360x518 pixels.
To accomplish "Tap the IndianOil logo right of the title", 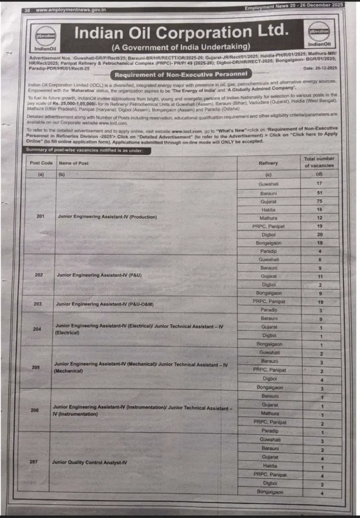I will pos(319,34).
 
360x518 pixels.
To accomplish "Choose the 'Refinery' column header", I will pos(268,163).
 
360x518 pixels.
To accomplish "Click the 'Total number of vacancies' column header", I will pos(319,162).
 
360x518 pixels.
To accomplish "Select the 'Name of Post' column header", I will pos(74,163).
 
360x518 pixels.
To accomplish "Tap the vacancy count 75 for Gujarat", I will pos(319,201).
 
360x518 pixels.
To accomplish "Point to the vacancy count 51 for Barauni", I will pos(319,192).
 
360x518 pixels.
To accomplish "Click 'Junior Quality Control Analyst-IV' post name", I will pos(89,462).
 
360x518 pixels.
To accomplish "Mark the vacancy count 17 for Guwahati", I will pos(319,183).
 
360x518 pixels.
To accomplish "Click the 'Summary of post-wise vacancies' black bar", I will pos(85,151).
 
